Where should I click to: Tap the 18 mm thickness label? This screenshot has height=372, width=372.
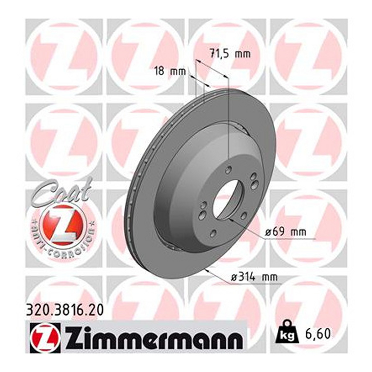pyautogui.click(x=170, y=72)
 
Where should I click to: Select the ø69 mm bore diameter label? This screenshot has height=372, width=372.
pyautogui.click(x=286, y=232)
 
